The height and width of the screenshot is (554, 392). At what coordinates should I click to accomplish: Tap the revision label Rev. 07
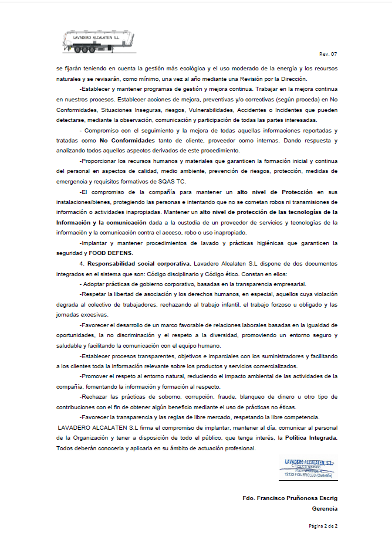pos(328,55)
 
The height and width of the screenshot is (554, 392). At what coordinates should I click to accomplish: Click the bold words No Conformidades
pos(127,141)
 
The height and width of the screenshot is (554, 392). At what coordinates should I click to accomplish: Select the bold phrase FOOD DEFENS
pos(111,252)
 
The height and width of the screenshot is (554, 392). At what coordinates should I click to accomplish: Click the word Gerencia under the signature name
pos(326,509)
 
